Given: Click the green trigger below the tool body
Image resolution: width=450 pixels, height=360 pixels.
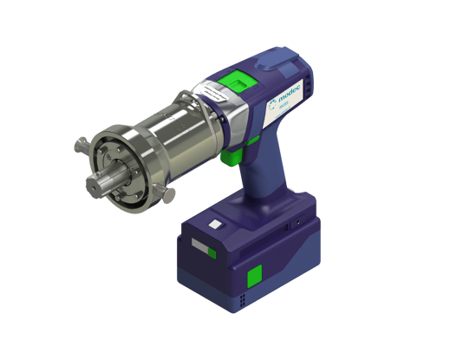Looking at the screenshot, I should tap(230, 157).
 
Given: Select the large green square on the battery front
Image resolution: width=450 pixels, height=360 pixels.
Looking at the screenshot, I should tap(255, 278).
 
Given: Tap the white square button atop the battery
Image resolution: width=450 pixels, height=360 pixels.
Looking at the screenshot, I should tap(214, 225).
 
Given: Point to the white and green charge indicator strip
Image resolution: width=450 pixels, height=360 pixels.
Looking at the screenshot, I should tap(199, 249).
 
